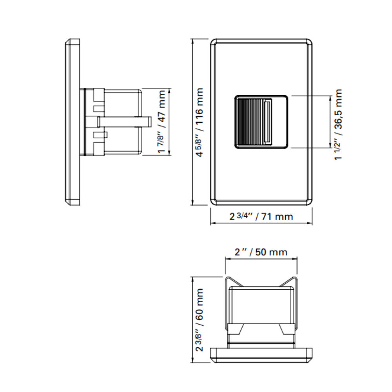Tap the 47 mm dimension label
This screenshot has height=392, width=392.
click(161, 122)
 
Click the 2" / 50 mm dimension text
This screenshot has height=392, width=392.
click(261, 252)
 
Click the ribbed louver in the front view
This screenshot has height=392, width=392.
click(249, 122)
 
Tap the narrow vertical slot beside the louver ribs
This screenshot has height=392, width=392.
click(268, 122)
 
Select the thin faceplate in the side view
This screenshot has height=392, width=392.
click(73, 122)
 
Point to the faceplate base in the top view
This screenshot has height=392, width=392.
click(261, 354)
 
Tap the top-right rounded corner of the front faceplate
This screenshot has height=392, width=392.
click(309, 42)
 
